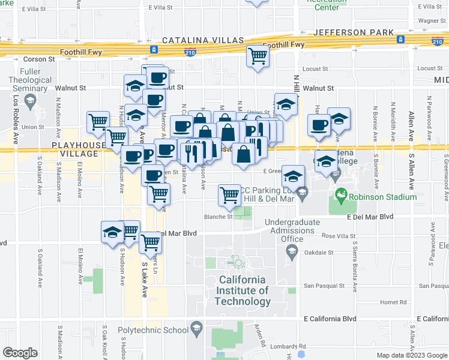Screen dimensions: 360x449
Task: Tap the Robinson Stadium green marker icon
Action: point(341,196)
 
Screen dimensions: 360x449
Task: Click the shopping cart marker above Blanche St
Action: point(229,193)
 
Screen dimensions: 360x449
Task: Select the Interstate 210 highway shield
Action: point(190,52)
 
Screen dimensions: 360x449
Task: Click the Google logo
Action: point(20,353)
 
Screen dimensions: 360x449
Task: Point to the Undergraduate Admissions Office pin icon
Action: point(292,251)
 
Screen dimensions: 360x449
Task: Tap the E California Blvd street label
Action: point(330,319)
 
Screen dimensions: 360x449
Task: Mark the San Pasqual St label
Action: point(324,286)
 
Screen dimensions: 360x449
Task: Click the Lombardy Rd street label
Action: point(288,346)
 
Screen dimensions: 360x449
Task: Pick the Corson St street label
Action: point(39,59)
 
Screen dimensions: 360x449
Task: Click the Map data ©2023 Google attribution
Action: point(411,355)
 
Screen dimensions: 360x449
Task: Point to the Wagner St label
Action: point(430,20)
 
